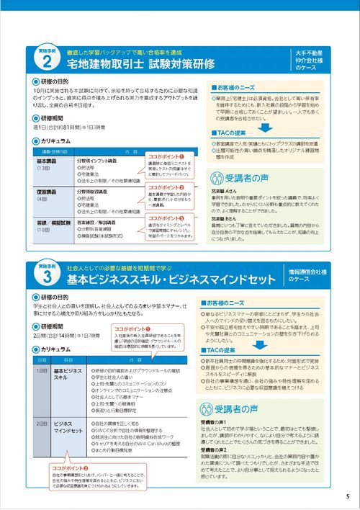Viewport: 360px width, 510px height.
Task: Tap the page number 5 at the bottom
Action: coord(346,496)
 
